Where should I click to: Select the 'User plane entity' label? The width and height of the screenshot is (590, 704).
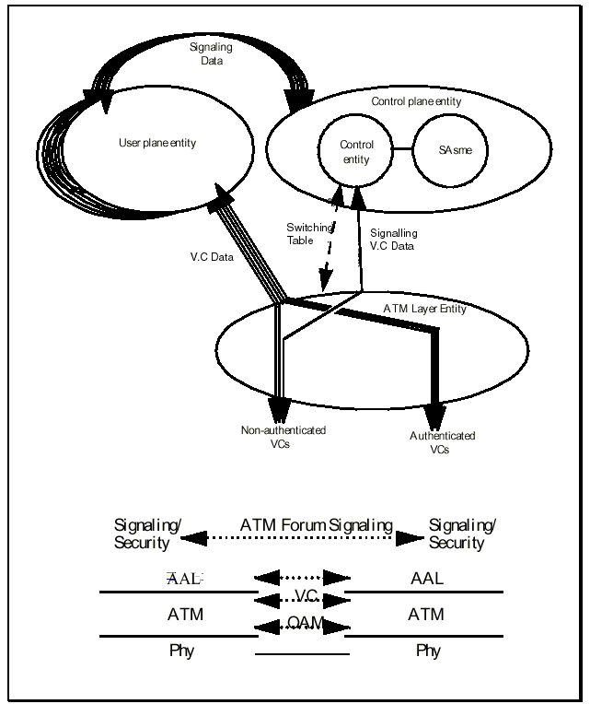click(x=158, y=144)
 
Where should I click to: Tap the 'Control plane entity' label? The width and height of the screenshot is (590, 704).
click(x=416, y=101)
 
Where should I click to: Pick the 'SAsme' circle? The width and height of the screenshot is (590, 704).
click(x=449, y=152)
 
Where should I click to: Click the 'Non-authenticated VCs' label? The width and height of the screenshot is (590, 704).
click(x=283, y=437)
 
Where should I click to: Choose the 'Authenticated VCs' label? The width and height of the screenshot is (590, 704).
click(x=443, y=442)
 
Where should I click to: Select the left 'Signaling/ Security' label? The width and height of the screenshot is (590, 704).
click(x=147, y=534)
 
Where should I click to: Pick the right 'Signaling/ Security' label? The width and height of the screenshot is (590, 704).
click(x=462, y=534)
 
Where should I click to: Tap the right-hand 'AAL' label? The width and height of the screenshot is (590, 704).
click(x=428, y=579)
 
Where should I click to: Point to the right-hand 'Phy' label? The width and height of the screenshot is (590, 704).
click(x=428, y=651)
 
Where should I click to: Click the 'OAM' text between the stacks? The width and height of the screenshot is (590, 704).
click(x=305, y=624)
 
